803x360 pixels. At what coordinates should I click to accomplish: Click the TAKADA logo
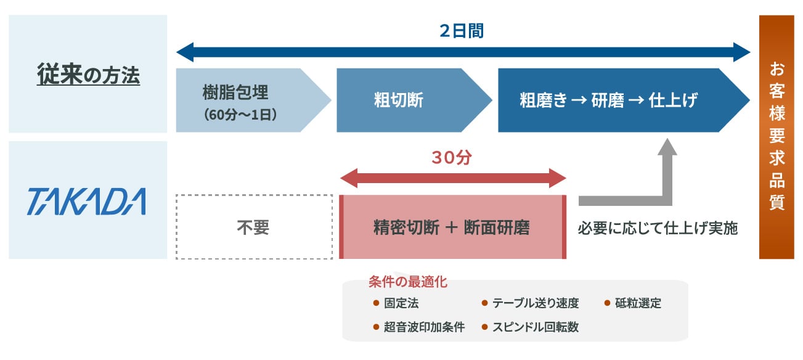point(86,202)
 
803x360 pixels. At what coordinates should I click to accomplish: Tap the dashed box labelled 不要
point(253,227)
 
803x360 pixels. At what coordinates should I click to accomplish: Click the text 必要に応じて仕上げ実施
point(658,228)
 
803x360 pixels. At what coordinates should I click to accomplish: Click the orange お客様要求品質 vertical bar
point(777,137)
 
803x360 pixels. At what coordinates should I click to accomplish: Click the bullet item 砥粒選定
point(638,303)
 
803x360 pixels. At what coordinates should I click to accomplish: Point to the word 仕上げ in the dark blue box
point(674,100)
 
